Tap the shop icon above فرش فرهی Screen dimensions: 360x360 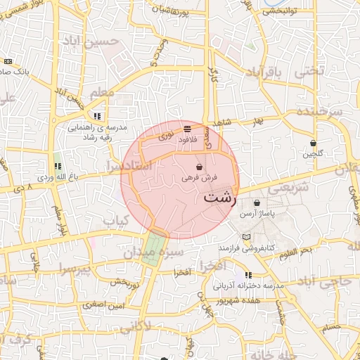tap(200, 167)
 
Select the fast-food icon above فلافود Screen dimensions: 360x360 tap(187, 129)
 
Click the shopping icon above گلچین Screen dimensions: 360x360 tap(313, 143)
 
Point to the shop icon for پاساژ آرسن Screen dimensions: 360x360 tap(257, 202)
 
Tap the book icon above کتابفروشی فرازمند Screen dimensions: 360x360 tap(245, 237)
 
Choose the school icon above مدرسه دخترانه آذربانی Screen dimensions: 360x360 tap(247, 275)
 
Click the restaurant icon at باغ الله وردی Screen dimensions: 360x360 tap(58, 166)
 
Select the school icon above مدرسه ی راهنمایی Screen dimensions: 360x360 tap(96, 116)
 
